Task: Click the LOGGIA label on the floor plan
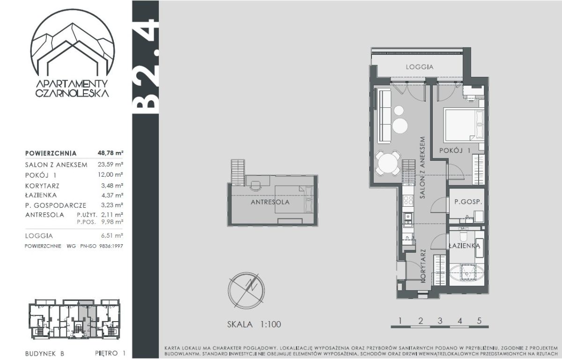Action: (x=420, y=67)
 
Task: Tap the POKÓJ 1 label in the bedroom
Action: (x=455, y=150)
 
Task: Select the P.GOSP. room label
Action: (x=468, y=202)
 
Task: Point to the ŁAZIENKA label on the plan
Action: (x=465, y=246)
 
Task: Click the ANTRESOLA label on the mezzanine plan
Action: (x=270, y=202)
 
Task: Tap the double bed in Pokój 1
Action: (x=464, y=125)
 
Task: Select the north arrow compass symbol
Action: (x=246, y=290)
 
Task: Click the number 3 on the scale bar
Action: (x=440, y=321)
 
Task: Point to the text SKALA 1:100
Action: (x=254, y=324)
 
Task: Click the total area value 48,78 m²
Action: (x=111, y=153)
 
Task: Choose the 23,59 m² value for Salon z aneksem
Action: (x=111, y=165)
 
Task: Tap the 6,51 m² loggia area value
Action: (x=112, y=235)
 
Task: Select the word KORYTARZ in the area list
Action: (x=42, y=186)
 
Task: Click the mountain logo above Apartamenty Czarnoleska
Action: (x=72, y=42)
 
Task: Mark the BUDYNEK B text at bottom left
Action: (x=44, y=354)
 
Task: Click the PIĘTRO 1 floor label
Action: (x=110, y=353)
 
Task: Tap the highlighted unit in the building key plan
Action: (x=87, y=318)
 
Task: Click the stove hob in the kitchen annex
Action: (x=408, y=200)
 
